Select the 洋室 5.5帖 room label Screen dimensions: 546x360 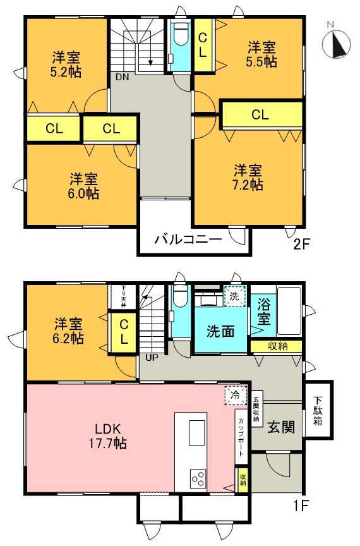(x=261, y=54)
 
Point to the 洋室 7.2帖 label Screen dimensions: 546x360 (x=248, y=178)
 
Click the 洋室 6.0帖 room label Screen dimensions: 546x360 (x=83, y=185)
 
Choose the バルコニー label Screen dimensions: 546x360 (x=188, y=240)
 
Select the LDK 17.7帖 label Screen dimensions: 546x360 (x=106, y=435)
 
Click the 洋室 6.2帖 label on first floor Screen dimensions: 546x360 (x=68, y=331)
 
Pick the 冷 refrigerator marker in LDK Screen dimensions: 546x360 (x=234, y=396)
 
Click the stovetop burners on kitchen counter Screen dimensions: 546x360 (x=196, y=478)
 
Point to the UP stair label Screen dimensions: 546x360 (x=152, y=358)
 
